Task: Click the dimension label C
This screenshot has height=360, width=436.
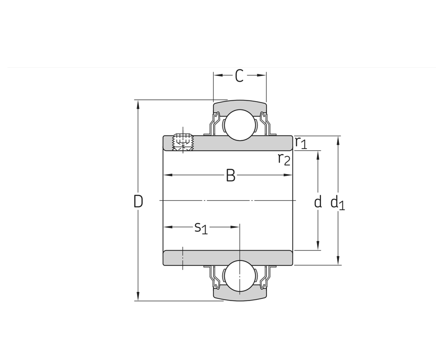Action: tap(239, 76)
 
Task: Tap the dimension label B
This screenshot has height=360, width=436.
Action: tap(231, 176)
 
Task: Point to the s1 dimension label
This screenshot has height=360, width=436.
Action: tap(201, 228)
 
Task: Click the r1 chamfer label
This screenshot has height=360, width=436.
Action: tap(301, 142)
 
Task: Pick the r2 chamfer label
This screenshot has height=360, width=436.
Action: tap(284, 160)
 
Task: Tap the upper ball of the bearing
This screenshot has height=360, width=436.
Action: tap(240, 124)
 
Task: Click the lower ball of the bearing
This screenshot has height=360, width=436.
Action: tap(240, 276)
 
